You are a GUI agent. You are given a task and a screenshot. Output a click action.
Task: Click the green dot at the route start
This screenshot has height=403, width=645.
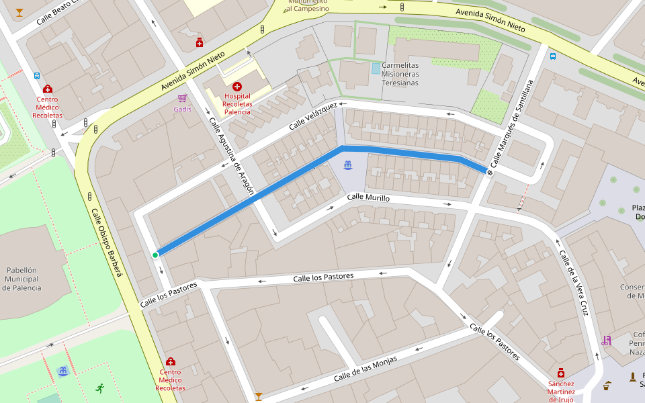tap(155, 255)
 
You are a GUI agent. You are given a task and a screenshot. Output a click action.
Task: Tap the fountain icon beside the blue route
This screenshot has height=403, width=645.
tap(348, 165)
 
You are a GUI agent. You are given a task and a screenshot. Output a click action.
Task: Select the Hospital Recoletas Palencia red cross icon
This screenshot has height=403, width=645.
tap(236, 87)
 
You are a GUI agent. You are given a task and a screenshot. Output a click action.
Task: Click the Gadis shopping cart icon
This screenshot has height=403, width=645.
tap(182, 98)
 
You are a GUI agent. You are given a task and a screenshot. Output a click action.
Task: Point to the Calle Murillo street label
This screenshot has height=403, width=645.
tap(368, 197)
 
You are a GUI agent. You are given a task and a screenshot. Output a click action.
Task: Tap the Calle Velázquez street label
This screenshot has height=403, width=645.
tap(312, 118)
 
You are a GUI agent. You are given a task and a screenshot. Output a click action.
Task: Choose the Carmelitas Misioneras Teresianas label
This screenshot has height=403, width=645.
tap(400, 74)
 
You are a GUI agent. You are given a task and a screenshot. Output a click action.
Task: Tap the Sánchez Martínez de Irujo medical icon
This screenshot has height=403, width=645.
tap(561, 373)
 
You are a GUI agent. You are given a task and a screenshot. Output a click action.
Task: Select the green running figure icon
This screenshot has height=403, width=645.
tap(100, 388)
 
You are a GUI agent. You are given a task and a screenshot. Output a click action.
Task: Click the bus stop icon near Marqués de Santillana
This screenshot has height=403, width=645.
tap(552, 56)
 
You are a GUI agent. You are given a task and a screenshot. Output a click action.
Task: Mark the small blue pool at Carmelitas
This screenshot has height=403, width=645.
tap(376, 68)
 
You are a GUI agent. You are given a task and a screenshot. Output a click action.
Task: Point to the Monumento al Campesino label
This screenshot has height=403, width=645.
tap(308, 6)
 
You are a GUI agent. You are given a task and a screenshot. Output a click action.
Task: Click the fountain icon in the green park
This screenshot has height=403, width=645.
tap(63, 371)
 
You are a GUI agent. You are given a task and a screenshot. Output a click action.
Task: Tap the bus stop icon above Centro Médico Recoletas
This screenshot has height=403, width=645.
tap(36, 76)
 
